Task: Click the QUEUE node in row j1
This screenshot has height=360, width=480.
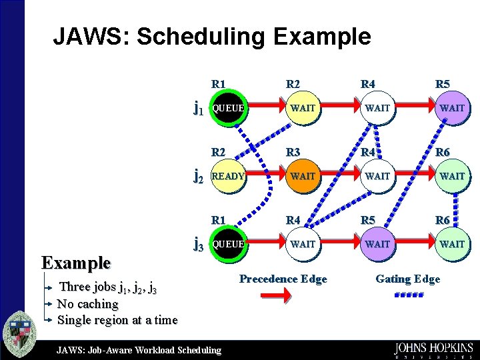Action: coord(227,107)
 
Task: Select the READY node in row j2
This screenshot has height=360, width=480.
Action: coord(227,176)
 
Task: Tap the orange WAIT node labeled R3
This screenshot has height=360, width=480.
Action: coord(302,176)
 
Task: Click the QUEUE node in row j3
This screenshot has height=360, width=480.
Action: coord(227,244)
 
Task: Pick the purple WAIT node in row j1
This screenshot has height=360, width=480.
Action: coord(451,107)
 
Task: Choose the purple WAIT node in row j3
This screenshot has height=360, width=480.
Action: coord(377,244)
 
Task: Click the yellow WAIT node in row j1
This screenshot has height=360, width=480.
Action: coord(302,107)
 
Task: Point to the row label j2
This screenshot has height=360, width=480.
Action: coord(198,176)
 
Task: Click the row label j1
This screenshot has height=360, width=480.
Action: coord(198,107)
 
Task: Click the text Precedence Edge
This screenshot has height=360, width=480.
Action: coord(283,279)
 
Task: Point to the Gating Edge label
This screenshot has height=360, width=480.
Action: coord(407,279)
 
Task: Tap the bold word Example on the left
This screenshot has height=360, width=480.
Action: coord(75,262)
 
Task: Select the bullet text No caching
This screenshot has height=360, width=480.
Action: coord(87,304)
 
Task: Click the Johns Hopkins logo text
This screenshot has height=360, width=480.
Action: coord(433,348)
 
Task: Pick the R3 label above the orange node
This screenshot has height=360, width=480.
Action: coord(293,152)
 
